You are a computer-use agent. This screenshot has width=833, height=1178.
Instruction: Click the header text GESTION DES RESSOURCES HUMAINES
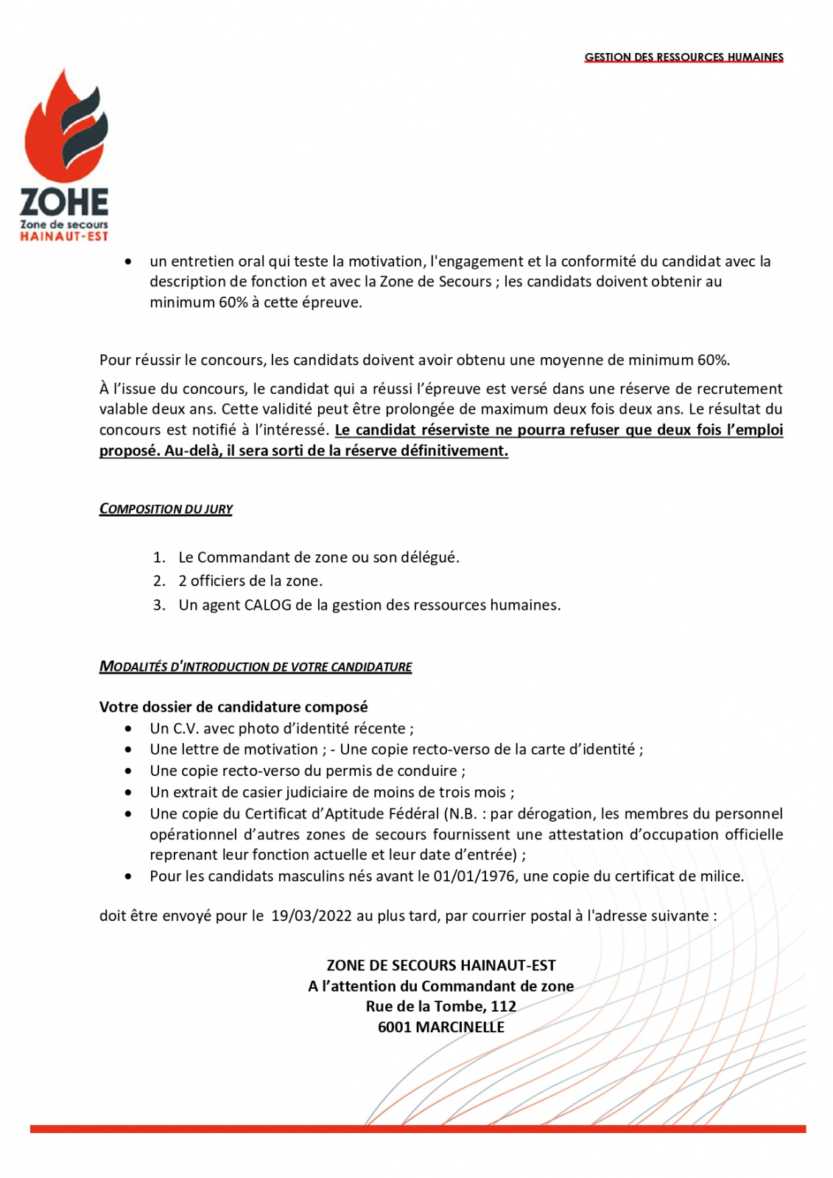683,57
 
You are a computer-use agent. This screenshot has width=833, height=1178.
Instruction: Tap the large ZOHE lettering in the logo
64,202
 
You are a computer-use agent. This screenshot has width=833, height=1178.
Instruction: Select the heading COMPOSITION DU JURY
166,509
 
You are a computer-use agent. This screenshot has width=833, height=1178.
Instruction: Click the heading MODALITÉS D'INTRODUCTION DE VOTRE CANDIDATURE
256,666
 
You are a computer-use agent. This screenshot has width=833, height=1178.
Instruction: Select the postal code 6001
394,1027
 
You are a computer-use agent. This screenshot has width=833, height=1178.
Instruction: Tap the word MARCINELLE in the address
460,1027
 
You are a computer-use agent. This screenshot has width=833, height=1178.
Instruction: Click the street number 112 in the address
504,1006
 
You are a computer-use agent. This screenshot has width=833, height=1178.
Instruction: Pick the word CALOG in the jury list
268,605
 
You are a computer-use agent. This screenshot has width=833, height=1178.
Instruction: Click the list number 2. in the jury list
160,581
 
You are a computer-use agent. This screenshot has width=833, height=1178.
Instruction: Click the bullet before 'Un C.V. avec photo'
129,729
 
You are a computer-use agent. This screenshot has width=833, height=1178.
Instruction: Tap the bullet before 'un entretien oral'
129,261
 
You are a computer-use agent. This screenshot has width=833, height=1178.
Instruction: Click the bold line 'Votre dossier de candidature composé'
233,707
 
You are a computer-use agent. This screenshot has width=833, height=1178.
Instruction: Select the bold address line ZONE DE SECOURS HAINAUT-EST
441,965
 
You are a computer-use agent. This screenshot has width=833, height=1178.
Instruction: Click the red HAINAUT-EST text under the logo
64,236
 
